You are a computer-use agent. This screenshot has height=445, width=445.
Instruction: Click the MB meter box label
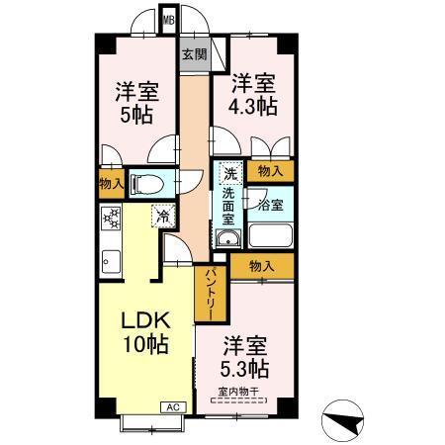[x=168, y=19]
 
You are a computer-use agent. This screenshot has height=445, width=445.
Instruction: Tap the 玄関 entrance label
[x=194, y=55]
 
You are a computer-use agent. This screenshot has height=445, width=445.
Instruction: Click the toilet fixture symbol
[x=144, y=183]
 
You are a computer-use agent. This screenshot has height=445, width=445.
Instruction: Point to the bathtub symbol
[x=271, y=236]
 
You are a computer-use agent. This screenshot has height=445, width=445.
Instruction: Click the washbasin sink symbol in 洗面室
[x=228, y=239]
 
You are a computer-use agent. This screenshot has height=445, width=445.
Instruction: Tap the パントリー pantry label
[x=211, y=293]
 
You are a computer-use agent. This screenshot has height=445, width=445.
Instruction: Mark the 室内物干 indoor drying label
[x=237, y=393]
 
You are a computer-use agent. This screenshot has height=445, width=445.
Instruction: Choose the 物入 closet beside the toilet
[x=111, y=183]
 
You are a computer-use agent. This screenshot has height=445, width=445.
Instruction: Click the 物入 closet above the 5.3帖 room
[x=262, y=266]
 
